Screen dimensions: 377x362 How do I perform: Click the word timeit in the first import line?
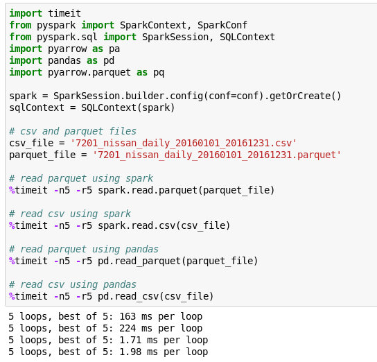pos(64,13)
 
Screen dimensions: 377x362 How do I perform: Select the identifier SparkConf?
pos(222,25)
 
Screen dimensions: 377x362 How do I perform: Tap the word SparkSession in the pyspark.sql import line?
pos(175,37)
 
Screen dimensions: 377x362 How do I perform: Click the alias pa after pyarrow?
pos(114,49)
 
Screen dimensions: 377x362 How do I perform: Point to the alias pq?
pos(159,72)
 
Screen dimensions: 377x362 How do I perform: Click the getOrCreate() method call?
pos(305,96)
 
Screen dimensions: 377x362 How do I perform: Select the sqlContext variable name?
pos(37,107)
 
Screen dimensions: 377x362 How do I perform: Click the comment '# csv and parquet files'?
pos(73,131)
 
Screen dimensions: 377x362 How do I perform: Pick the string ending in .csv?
pos(184,143)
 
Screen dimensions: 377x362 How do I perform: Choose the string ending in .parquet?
pos(217,155)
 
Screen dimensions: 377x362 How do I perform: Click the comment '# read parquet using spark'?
pos(81,178)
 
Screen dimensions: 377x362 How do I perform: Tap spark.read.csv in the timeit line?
pos(137,225)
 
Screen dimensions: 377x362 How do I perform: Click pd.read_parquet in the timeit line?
pos(139,261)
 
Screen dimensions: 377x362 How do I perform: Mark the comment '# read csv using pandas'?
pos(73,284)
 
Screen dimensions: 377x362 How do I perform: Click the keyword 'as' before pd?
pos(92,60)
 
